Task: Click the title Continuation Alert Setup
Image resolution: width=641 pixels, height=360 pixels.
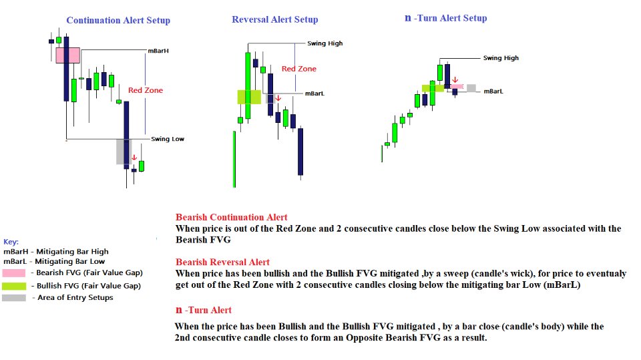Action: pyautogui.click(x=118, y=21)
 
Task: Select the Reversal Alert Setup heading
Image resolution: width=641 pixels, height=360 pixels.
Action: pyautogui.click(x=274, y=19)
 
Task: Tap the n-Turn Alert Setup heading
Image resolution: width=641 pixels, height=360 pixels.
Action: pyautogui.click(x=446, y=18)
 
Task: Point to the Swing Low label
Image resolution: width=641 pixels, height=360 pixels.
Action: pyautogui.click(x=167, y=139)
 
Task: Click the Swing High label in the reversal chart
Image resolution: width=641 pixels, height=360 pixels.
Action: pyautogui.click(x=325, y=43)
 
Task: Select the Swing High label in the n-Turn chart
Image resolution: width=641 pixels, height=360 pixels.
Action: pyautogui.click(x=501, y=58)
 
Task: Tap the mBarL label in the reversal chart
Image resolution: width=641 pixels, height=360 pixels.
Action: pyautogui.click(x=314, y=94)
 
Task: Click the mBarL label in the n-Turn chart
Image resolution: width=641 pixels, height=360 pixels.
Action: pyautogui.click(x=493, y=91)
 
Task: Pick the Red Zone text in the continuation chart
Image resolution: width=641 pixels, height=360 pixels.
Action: pyautogui.click(x=146, y=90)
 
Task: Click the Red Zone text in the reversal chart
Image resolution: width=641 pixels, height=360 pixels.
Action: pyautogui.click(x=298, y=69)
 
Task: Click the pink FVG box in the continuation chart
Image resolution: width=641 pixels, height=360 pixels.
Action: pyautogui.click(x=67, y=55)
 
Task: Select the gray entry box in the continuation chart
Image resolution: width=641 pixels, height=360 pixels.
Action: pyautogui.click(x=124, y=152)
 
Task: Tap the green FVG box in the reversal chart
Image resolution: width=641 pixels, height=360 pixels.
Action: pyautogui.click(x=248, y=97)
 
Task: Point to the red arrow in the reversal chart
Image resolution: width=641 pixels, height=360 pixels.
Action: pyautogui.click(x=278, y=99)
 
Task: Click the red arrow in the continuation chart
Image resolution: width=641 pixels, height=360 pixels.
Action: pyautogui.click(x=134, y=158)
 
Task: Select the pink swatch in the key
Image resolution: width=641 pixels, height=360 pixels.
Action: pyautogui.click(x=15, y=273)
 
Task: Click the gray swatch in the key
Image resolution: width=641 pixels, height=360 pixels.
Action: pyautogui.click(x=15, y=297)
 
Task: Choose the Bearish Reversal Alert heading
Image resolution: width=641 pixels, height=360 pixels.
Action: pyautogui.click(x=222, y=262)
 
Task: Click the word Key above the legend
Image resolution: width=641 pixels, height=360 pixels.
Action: pyautogui.click(x=11, y=242)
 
